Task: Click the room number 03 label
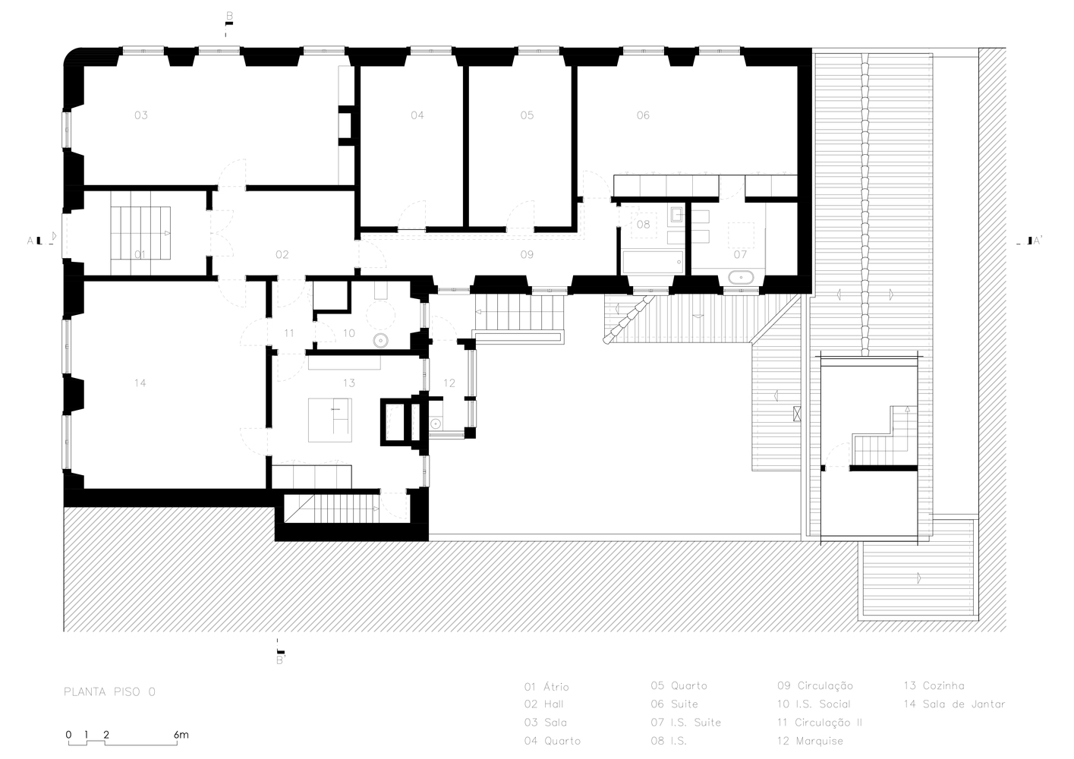[141, 115]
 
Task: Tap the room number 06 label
[643, 115]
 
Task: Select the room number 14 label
[140, 383]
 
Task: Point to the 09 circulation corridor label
[527, 254]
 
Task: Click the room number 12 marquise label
[449, 383]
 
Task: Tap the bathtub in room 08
[652, 263]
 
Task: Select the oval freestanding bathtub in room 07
[740, 277]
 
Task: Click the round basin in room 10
[380, 341]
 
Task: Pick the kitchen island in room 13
[329, 420]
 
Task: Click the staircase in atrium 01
[140, 239]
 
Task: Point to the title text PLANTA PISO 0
[110, 692]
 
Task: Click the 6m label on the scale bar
[181, 735]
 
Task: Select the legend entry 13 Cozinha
[934, 686]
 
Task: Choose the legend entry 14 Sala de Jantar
[954, 704]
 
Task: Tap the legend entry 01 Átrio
[546, 687]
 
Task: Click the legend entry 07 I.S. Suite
[685, 723]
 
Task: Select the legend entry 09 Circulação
[814, 686]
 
